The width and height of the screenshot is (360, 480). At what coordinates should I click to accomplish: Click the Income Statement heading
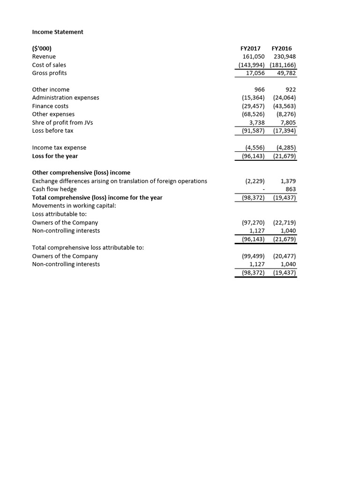click(58, 32)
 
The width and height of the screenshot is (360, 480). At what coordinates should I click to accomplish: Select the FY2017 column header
click(250, 48)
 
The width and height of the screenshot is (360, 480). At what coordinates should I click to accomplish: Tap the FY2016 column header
click(281, 48)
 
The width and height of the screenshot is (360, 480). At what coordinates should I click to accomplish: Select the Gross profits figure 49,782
click(284, 73)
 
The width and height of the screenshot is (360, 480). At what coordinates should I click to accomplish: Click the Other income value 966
click(259, 90)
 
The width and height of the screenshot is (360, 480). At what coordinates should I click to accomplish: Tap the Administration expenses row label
click(65, 97)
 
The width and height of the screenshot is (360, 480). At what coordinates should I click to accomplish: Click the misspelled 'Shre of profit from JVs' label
click(62, 122)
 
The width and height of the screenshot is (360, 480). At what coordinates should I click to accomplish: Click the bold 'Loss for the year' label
click(55, 156)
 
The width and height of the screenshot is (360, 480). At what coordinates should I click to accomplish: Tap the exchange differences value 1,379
click(288, 181)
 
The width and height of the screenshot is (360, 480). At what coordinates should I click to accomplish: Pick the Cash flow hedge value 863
click(291, 189)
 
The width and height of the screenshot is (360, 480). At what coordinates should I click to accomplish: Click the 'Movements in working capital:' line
click(74, 206)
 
